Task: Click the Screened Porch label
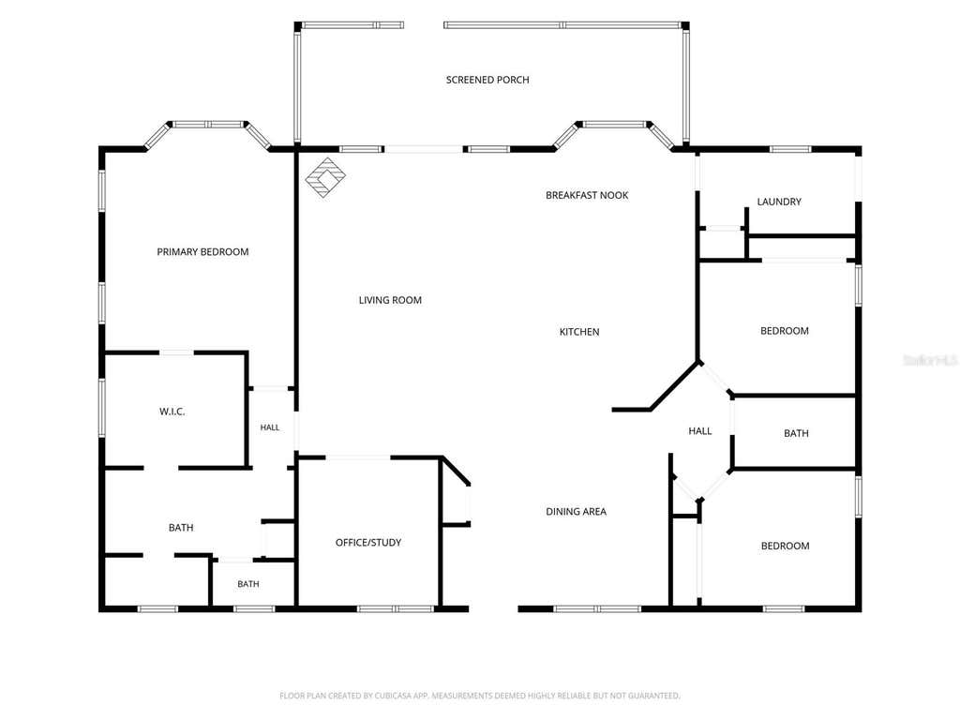(x=487, y=80)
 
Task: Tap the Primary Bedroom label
(x=202, y=251)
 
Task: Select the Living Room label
(x=390, y=300)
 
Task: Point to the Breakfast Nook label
(x=587, y=195)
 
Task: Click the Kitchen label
(x=579, y=332)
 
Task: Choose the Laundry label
(x=779, y=202)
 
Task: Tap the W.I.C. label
(x=172, y=412)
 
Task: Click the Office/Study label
(x=367, y=543)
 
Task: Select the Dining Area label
(x=577, y=512)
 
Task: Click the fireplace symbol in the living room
(x=325, y=177)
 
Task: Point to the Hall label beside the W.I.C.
(x=269, y=427)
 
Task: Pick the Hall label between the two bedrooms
(x=699, y=431)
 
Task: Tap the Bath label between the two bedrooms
(x=796, y=433)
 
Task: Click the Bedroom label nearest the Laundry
(x=785, y=331)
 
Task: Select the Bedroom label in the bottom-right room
(x=785, y=547)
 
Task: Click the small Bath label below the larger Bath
(x=247, y=584)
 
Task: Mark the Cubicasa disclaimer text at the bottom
(x=480, y=696)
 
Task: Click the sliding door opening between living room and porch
(x=424, y=149)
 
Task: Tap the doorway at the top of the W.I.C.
(x=176, y=352)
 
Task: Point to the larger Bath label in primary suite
(x=181, y=528)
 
